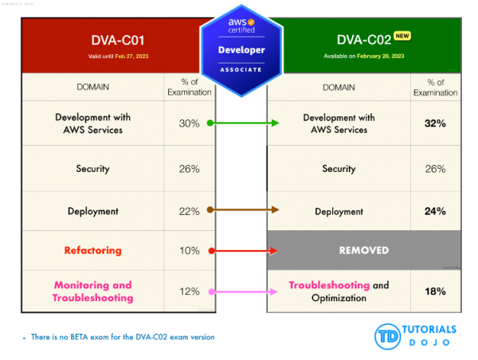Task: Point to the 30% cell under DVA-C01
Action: click(189, 123)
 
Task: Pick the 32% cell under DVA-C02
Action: click(435, 123)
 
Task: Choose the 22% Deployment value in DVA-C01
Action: click(189, 211)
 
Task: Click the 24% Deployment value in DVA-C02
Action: click(435, 211)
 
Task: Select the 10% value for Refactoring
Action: click(189, 250)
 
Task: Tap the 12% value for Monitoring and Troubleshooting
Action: click(189, 292)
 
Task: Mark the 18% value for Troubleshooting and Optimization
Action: click(435, 292)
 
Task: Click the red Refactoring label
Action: click(93, 250)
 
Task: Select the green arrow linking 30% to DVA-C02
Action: click(243, 123)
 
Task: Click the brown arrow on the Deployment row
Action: click(243, 210)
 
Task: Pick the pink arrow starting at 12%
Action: click(243, 292)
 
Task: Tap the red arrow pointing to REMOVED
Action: click(243, 251)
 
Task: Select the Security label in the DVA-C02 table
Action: click(339, 169)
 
